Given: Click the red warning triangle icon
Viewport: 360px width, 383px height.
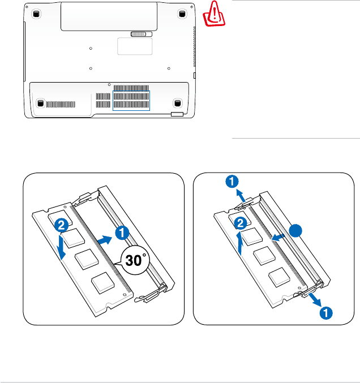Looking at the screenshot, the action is pyautogui.click(x=213, y=12).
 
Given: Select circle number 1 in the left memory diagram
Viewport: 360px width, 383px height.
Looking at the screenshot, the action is pyautogui.click(x=122, y=232).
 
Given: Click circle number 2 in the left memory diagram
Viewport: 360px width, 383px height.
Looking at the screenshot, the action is pyautogui.click(x=62, y=225).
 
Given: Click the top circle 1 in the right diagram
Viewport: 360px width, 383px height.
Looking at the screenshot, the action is pyautogui.click(x=230, y=182).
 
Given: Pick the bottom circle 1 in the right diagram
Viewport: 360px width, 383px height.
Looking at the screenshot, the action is pyautogui.click(x=325, y=312).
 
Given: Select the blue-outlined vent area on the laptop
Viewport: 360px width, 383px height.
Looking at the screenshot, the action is pyautogui.click(x=131, y=100).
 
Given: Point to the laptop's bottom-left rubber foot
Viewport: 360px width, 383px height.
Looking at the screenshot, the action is pyautogui.click(x=40, y=103).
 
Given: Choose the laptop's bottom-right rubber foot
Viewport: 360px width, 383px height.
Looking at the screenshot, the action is pyautogui.click(x=177, y=103).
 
